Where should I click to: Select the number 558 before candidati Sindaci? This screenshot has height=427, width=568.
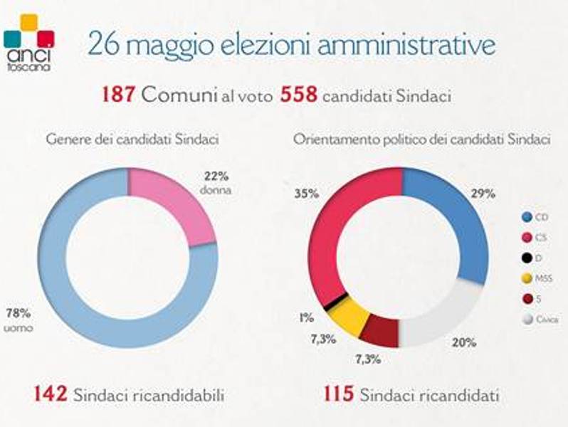(299, 95)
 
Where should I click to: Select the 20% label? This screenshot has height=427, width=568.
(467, 342)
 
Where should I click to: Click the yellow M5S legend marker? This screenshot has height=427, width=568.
(527, 278)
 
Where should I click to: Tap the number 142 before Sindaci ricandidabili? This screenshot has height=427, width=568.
(50, 394)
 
